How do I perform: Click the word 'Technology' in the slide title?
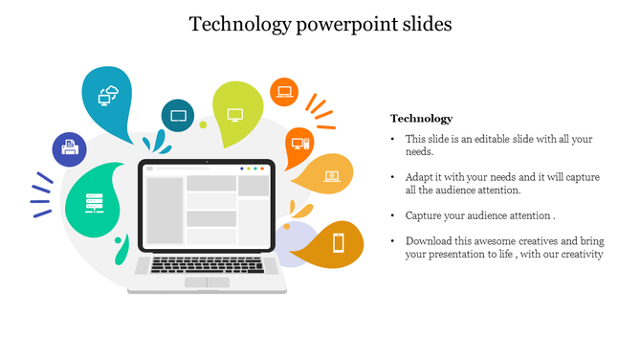[234, 24]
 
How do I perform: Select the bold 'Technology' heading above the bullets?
[421, 119]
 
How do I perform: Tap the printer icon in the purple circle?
[69, 148]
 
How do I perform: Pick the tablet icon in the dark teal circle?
[178, 116]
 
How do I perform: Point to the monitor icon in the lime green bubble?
[235, 114]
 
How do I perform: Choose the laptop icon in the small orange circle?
[284, 92]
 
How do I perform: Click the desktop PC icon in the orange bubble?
[298, 144]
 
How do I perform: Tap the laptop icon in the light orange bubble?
[331, 176]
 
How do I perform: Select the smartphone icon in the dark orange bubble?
[338, 242]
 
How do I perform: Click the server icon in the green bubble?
[94, 203]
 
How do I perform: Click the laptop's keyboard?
[207, 264]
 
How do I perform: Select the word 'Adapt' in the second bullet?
[419, 178]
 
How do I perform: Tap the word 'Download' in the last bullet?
[429, 241]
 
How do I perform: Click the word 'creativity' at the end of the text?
[579, 255]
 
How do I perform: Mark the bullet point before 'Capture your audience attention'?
[394, 216]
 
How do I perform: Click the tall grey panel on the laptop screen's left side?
[165, 210]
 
